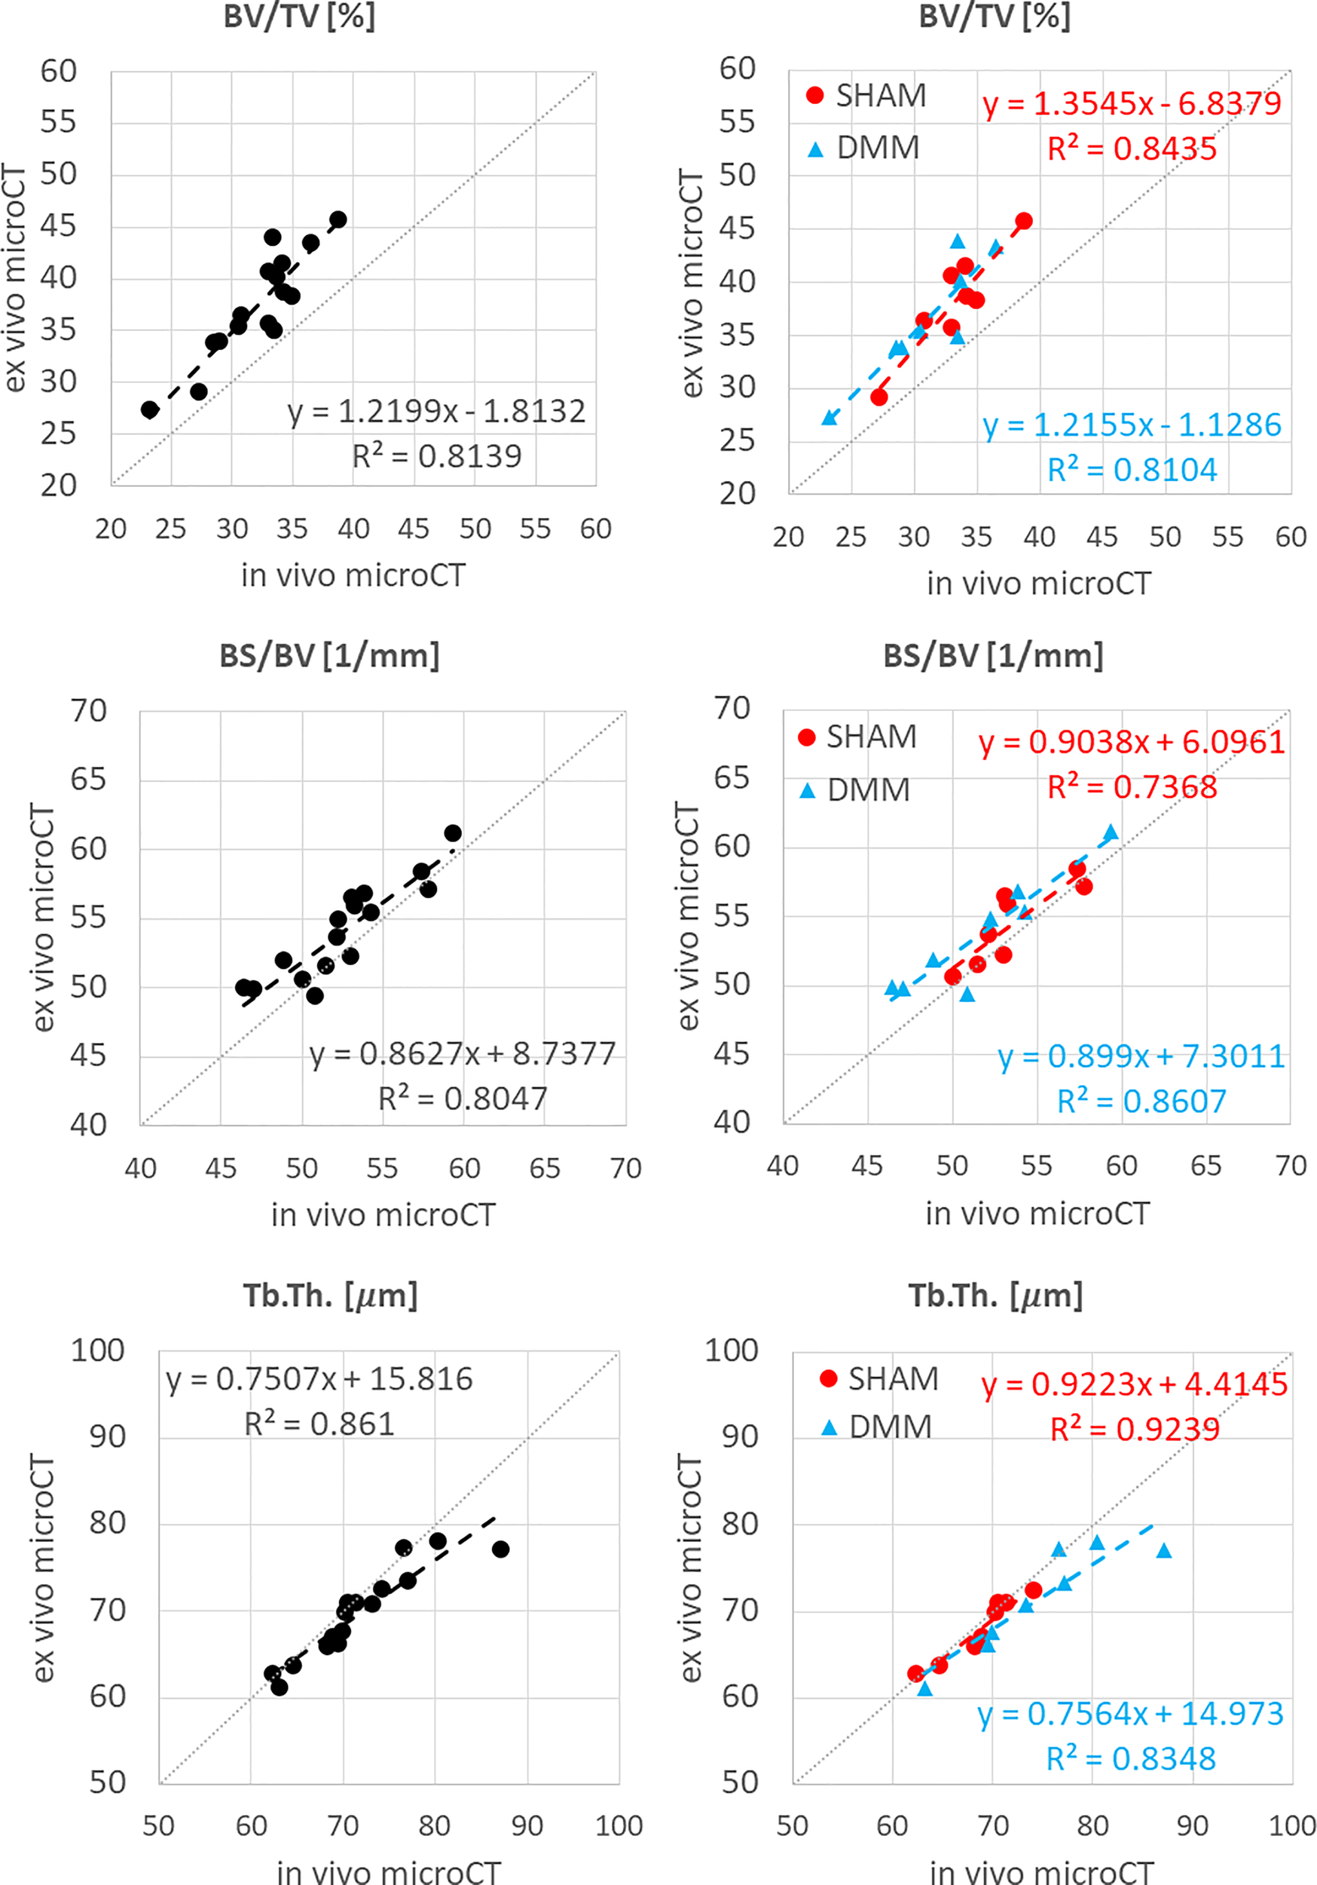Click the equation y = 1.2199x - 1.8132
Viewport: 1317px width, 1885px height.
pyautogui.click(x=436, y=412)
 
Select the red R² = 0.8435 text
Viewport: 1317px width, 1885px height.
pyautogui.click(x=1132, y=149)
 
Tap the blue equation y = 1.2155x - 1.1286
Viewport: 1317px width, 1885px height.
pyautogui.click(x=1132, y=425)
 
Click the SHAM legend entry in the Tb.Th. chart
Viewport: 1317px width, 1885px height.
pyautogui.click(x=879, y=1378)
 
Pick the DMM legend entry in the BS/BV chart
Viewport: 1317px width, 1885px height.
pyautogui.click(x=854, y=789)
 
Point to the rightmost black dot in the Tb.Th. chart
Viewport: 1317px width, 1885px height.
pyautogui.click(x=500, y=1549)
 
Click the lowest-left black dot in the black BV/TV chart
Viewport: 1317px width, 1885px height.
pyautogui.click(x=149, y=409)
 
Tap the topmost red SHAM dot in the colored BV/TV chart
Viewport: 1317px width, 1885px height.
pyautogui.click(x=1023, y=221)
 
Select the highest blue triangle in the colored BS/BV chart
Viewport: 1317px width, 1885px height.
pyautogui.click(x=1111, y=832)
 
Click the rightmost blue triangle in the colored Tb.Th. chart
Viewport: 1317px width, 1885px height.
pyautogui.click(x=1163, y=1550)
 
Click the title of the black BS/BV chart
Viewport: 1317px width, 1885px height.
pyautogui.click(x=329, y=656)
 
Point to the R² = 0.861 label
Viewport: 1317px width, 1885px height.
pyautogui.click(x=319, y=1424)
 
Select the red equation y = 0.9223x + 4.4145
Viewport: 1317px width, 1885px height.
pyautogui.click(x=1134, y=1384)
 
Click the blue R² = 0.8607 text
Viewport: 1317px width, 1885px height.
pyautogui.click(x=1141, y=1102)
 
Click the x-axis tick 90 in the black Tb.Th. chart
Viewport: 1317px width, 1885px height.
pyautogui.click(x=527, y=1826)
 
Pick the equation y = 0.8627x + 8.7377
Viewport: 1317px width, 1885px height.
pyautogui.click(x=462, y=1053)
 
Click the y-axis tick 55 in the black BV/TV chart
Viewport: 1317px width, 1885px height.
pyautogui.click(x=58, y=122)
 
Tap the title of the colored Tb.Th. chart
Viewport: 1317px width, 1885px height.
pyautogui.click(x=995, y=1295)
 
